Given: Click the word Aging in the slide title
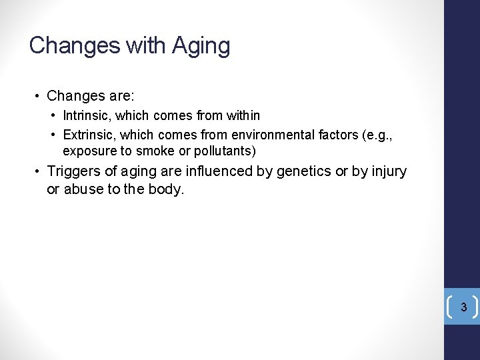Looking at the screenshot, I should point(201,46).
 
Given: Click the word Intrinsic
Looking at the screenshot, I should point(85,116).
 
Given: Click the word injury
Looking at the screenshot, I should point(389,172).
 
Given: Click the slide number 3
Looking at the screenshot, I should point(463,308).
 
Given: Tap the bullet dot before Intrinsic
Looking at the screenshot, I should point(53,116).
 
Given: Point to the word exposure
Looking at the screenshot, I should point(87,151).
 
